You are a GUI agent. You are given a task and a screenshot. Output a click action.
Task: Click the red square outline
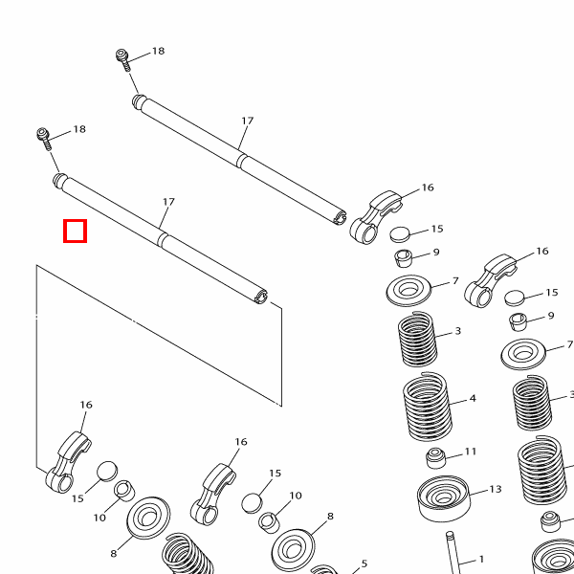click(x=75, y=231)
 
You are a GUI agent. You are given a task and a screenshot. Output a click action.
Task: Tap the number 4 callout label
click(x=473, y=398)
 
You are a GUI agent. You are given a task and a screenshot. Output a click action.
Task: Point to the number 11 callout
click(x=471, y=452)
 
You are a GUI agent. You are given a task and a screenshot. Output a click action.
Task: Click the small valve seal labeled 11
click(x=436, y=456)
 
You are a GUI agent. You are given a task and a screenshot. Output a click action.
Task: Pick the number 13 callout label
click(x=495, y=489)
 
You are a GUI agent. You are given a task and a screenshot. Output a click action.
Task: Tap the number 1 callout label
click(x=482, y=559)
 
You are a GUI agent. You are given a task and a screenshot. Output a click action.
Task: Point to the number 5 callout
click(x=364, y=563)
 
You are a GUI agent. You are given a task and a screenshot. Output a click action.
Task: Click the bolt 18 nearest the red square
click(x=44, y=136)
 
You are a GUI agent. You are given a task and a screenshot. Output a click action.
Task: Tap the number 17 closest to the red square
click(x=168, y=202)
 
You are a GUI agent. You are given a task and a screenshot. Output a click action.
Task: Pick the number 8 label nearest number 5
click(x=330, y=517)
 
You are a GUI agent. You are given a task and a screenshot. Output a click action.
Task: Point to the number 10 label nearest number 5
click(x=296, y=496)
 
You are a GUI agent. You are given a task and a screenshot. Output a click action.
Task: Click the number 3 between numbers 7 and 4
click(x=458, y=331)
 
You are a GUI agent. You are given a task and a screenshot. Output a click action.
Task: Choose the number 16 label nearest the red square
click(x=86, y=405)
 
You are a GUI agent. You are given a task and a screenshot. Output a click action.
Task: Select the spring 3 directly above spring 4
click(x=417, y=338)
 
